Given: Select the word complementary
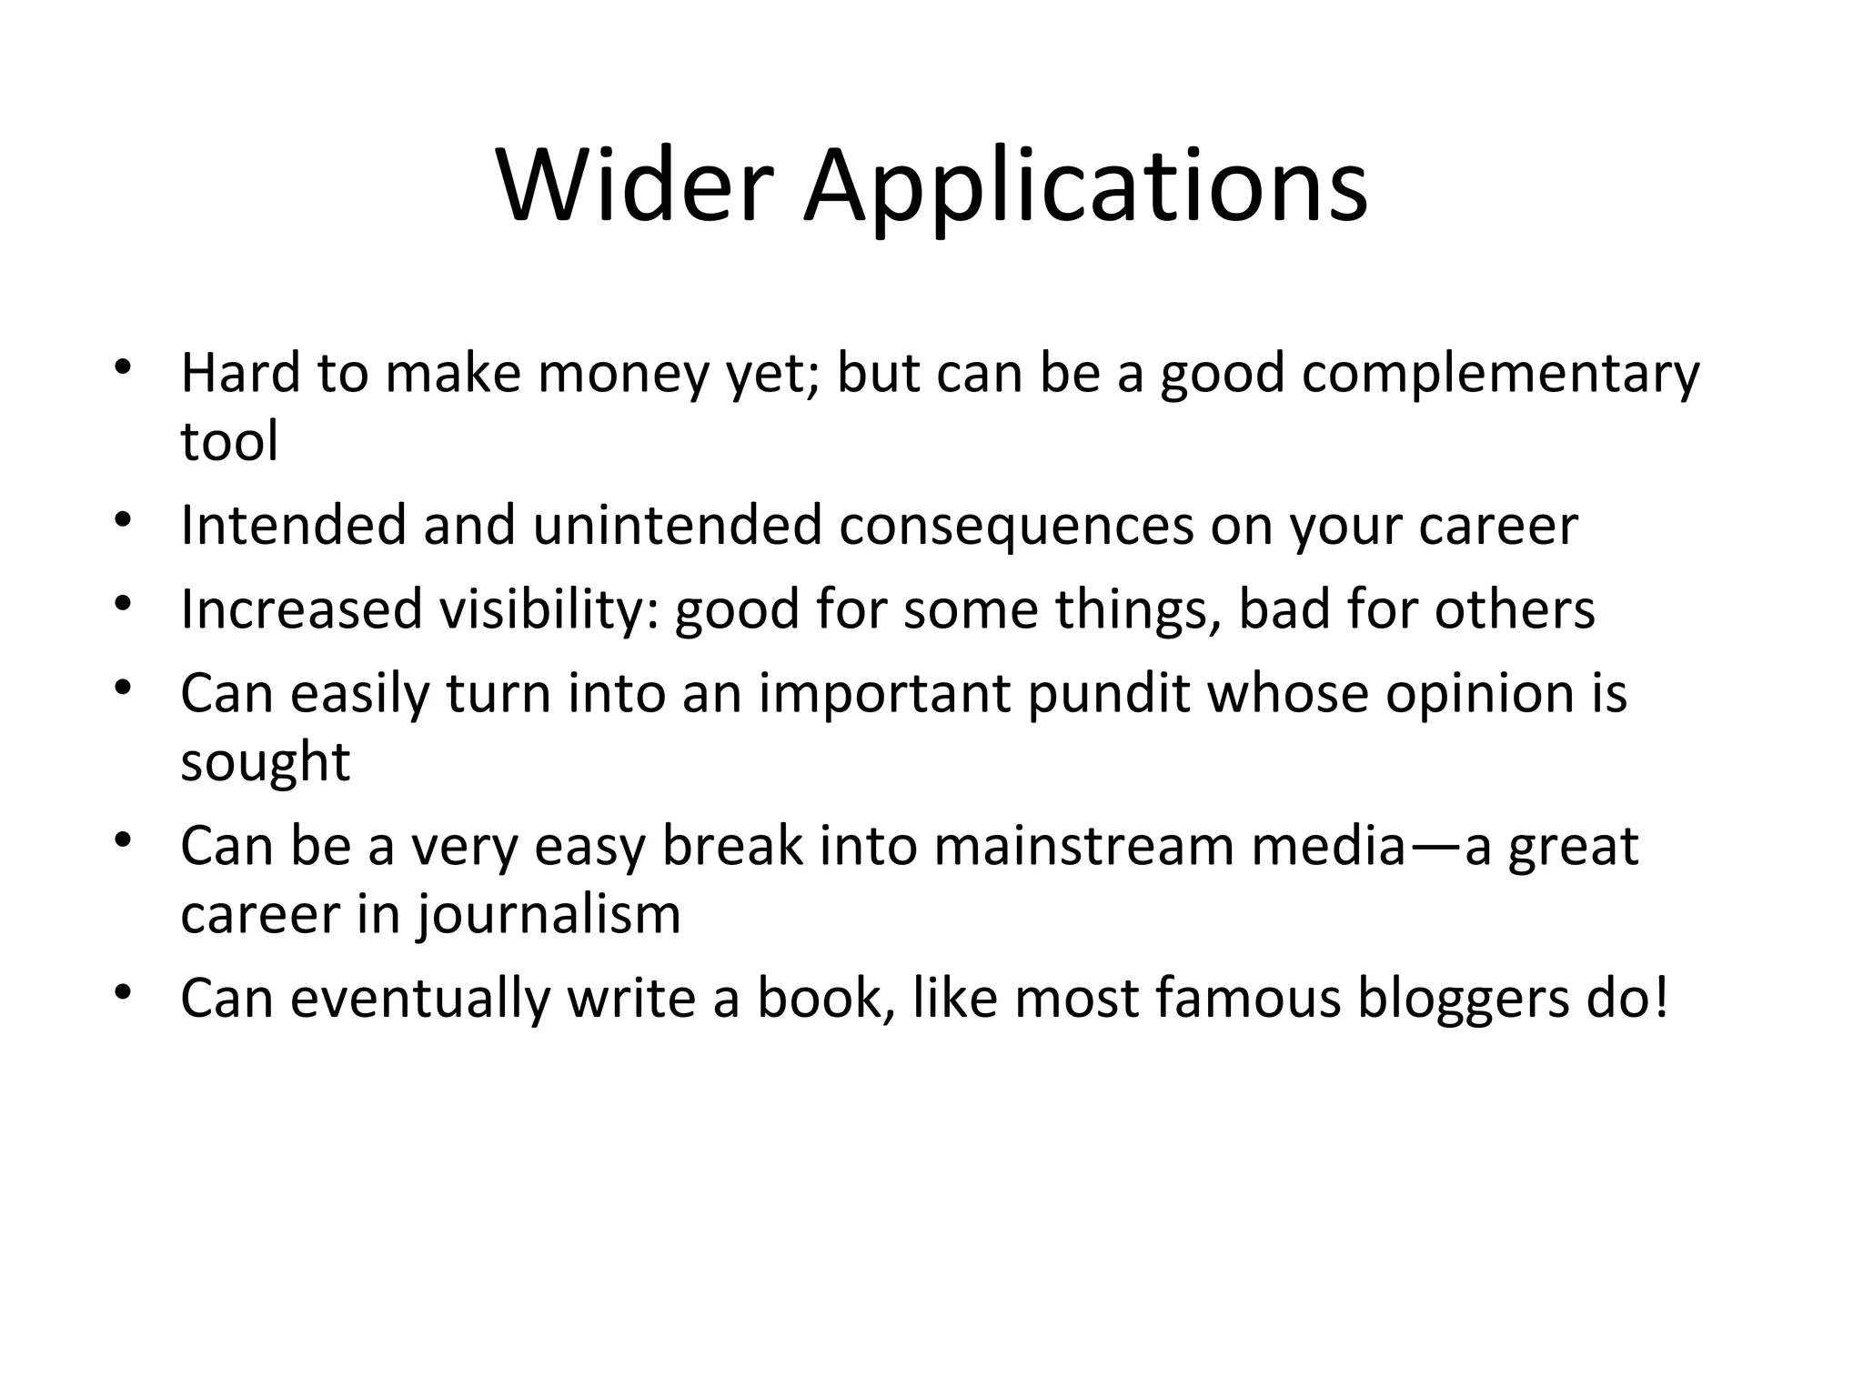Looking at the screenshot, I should click(x=1500, y=374).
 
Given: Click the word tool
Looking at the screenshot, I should click(x=229, y=442).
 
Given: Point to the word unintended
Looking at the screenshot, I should click(x=677, y=526).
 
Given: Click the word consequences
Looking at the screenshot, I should click(x=1016, y=528).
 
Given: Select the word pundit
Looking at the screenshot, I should click(x=1109, y=694).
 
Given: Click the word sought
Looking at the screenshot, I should click(x=265, y=762).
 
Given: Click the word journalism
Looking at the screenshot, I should click(x=549, y=915).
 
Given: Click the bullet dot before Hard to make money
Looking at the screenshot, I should click(x=125, y=368).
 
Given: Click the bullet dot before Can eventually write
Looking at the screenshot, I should click(x=125, y=992).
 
